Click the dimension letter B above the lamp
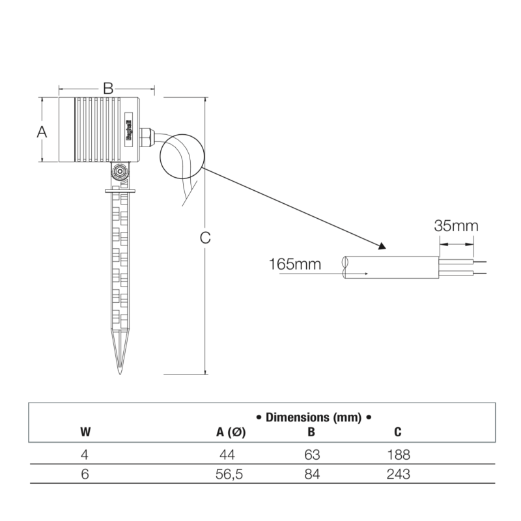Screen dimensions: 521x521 108,88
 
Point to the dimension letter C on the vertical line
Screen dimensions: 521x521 205,238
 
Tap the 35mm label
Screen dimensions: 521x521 456,226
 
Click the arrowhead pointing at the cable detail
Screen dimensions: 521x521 381,247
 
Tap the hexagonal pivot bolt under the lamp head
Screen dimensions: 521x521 119,173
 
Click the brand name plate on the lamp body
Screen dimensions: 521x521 128,130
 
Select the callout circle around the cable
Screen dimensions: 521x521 182,154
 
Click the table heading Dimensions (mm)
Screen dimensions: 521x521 313,417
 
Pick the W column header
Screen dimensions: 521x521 85,432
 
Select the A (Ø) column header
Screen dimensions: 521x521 231,432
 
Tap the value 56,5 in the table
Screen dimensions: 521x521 229,474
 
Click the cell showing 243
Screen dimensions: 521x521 398,474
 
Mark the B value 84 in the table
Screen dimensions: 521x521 312,474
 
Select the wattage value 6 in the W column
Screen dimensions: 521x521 85,474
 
